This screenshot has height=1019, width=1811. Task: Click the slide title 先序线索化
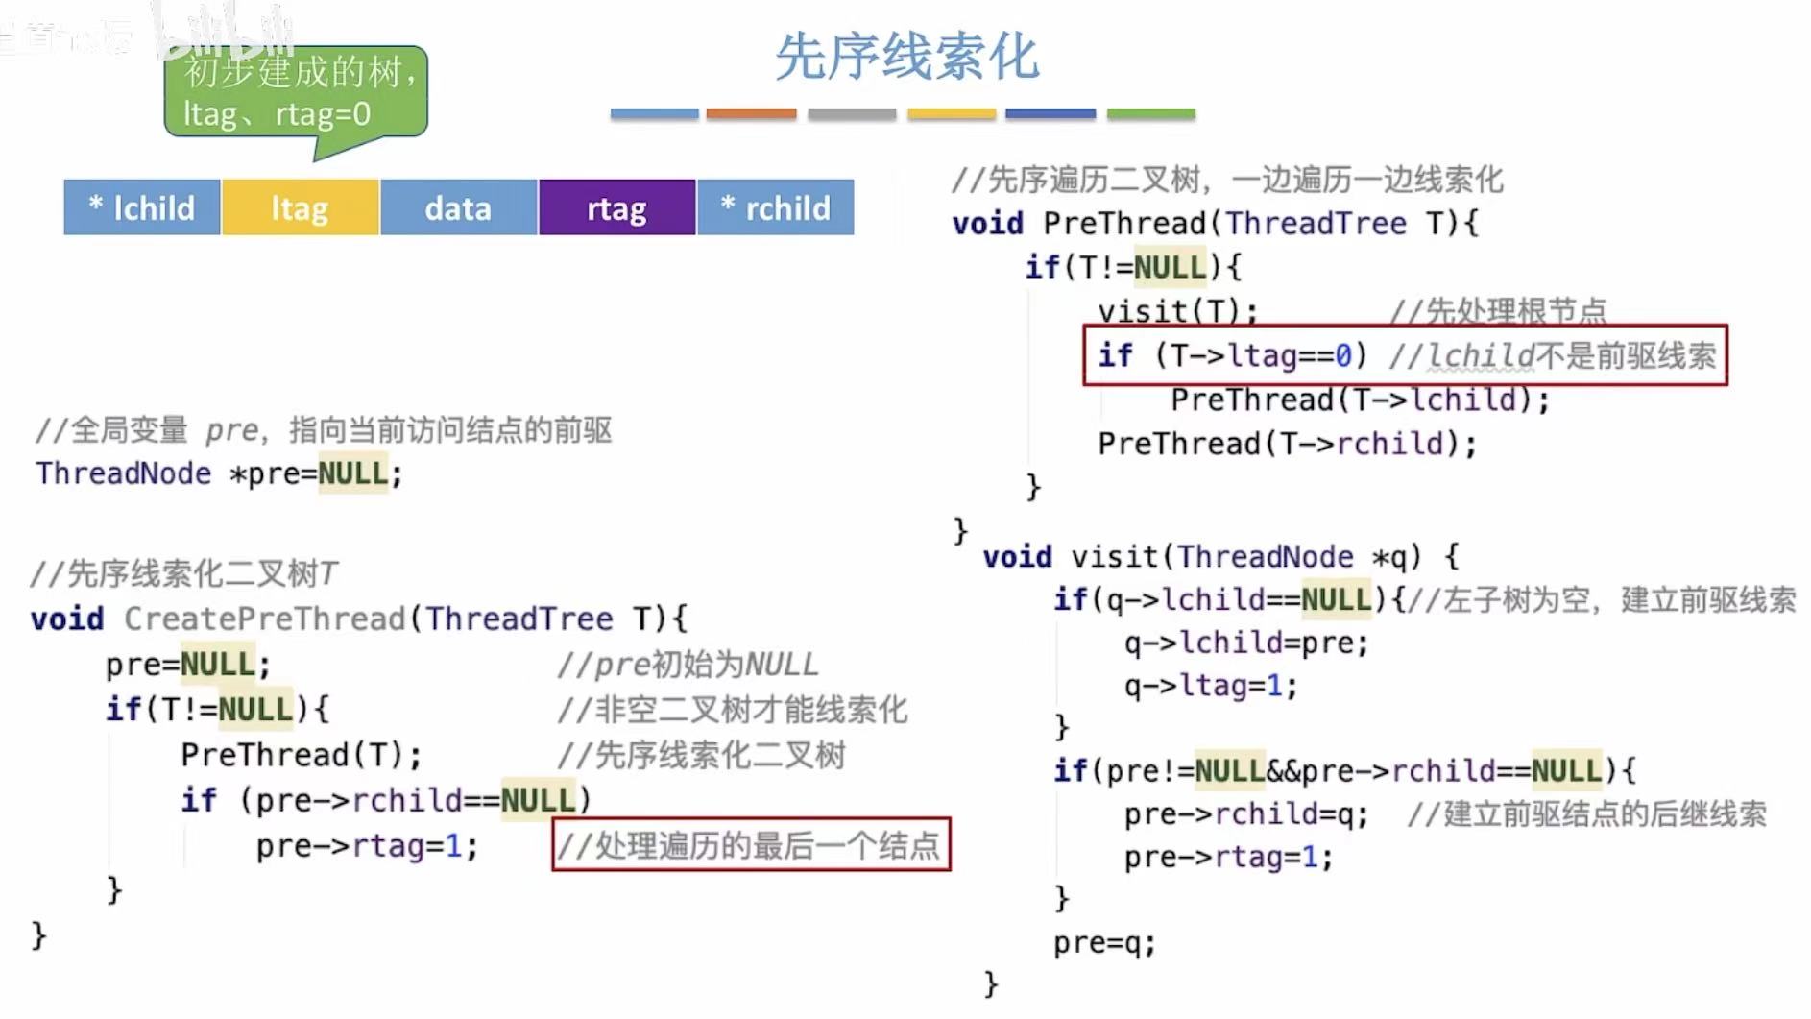click(x=906, y=58)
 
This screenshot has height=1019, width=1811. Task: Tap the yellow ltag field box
click(x=300, y=207)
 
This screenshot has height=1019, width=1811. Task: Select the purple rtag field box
click(x=616, y=207)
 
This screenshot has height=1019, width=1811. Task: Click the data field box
click(x=458, y=207)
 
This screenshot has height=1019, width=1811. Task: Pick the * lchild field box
click(x=142, y=207)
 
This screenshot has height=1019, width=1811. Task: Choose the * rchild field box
click(x=775, y=207)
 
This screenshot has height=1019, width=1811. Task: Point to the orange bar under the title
click(x=751, y=114)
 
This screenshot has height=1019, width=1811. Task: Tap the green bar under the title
click(x=1150, y=114)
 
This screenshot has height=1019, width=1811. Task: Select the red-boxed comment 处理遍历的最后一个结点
click(x=751, y=845)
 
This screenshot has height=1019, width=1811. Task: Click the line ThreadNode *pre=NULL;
click(x=219, y=473)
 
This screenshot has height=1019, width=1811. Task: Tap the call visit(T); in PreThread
click(x=1177, y=311)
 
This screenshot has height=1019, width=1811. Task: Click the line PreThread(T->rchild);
click(x=1287, y=444)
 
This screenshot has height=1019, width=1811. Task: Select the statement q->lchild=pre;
click(x=1246, y=643)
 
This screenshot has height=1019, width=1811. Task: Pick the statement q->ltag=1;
click(x=1211, y=686)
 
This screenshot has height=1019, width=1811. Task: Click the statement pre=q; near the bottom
click(x=1104, y=943)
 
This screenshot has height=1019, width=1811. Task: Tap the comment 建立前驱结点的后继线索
click(x=1586, y=814)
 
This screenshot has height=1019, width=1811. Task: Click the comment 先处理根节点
click(x=1498, y=311)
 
